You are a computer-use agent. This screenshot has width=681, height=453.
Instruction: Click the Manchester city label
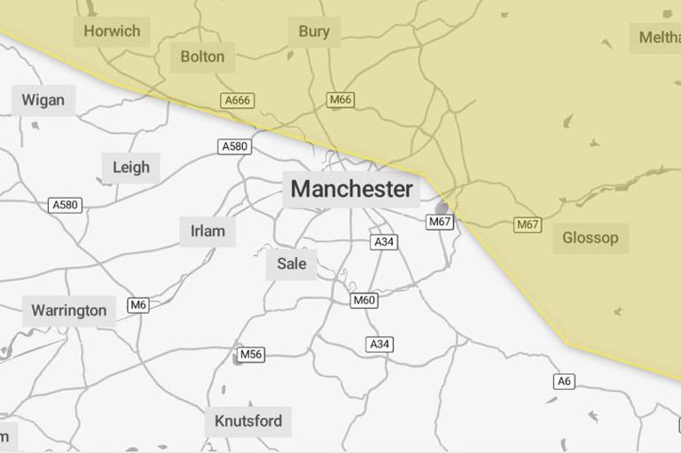(x=351, y=189)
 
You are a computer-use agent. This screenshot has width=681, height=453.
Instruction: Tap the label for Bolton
(x=202, y=57)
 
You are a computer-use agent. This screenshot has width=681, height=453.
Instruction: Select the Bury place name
(x=314, y=32)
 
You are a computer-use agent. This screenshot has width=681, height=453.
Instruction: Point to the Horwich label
(x=112, y=31)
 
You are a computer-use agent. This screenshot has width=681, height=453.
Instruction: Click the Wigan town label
(x=43, y=99)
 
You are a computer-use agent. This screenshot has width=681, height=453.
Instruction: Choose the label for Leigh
(x=131, y=167)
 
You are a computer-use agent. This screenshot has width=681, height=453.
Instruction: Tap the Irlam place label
(x=207, y=231)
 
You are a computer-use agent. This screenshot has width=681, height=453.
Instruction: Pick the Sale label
(x=291, y=263)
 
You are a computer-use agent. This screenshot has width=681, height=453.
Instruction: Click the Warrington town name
(x=68, y=310)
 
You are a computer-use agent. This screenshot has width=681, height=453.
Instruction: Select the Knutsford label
(x=248, y=420)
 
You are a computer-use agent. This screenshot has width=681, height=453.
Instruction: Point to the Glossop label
(x=590, y=238)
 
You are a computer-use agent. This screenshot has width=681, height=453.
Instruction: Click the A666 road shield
(x=237, y=100)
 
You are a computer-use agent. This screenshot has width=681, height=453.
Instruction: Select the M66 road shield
(x=340, y=100)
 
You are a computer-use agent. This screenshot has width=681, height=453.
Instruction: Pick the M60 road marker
(x=364, y=301)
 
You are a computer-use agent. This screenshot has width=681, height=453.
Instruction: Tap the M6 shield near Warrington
(x=137, y=305)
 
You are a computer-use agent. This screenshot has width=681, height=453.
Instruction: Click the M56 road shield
(x=251, y=355)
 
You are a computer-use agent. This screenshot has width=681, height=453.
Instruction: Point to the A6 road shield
(x=564, y=381)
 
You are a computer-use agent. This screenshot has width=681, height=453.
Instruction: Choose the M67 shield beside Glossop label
(x=528, y=224)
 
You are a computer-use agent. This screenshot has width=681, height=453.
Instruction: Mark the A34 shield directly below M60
(x=380, y=344)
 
